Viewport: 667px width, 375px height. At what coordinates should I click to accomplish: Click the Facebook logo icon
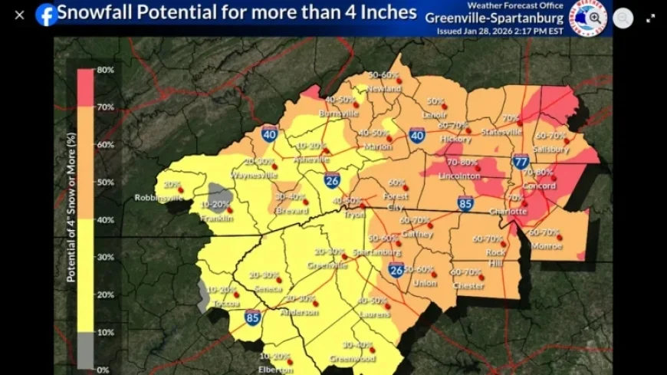[47, 14]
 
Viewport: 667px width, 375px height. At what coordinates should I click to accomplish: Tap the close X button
[20, 15]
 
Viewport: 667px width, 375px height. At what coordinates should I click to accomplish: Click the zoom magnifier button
[595, 17]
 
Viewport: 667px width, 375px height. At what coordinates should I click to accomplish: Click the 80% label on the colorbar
[105, 70]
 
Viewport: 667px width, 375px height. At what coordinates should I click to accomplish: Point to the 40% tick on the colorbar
[105, 220]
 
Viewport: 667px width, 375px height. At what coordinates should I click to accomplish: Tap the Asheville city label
[311, 160]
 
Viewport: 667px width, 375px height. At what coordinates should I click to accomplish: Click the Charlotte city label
[508, 211]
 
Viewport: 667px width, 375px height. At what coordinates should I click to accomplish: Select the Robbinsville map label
[159, 197]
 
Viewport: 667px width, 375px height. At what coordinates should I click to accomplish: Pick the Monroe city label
[547, 246]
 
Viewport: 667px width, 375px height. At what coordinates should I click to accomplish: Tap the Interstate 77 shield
[521, 161]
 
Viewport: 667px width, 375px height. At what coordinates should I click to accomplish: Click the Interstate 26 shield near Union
[396, 271]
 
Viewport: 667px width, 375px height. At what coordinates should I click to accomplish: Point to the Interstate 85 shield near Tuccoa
[251, 317]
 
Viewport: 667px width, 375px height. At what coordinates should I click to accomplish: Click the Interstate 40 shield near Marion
[416, 136]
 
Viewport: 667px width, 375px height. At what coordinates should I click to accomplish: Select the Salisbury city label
[552, 150]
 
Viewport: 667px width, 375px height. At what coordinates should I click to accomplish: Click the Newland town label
[385, 89]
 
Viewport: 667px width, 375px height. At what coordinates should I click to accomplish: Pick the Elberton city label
[275, 369]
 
